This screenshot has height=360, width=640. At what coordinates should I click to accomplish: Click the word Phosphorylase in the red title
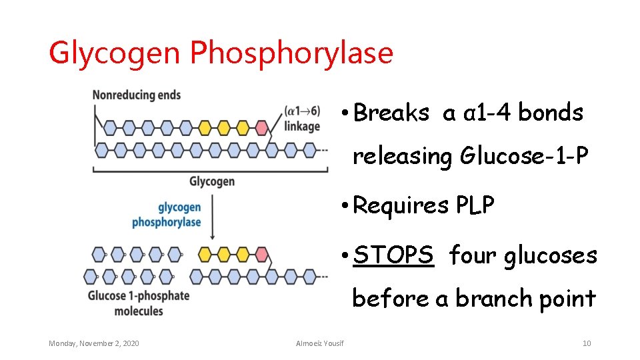click(x=291, y=53)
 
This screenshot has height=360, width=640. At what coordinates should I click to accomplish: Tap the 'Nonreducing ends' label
click(x=136, y=95)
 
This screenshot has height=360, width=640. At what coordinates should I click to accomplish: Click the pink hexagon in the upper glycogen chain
click(x=261, y=127)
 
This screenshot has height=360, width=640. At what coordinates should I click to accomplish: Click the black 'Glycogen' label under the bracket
click(x=211, y=181)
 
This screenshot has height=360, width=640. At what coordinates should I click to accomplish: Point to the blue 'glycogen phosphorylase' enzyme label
click(x=167, y=215)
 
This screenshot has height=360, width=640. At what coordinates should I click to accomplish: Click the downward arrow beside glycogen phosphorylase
click(x=211, y=216)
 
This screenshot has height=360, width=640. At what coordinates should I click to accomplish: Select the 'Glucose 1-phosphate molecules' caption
click(x=139, y=303)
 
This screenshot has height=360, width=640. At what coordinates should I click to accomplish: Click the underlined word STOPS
click(x=393, y=255)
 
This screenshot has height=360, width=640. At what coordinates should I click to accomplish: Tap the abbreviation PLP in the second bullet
click(x=475, y=206)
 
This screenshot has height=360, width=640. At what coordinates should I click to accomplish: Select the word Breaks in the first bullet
click(x=391, y=113)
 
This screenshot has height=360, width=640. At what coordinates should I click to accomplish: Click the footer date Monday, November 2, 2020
click(x=94, y=343)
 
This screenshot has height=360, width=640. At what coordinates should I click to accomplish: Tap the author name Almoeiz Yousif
click(x=320, y=343)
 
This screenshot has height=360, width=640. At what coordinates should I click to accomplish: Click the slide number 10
click(x=587, y=343)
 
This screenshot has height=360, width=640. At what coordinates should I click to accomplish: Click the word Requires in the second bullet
click(x=401, y=206)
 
